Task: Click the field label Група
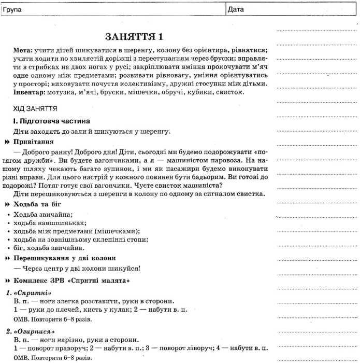coord(11,9)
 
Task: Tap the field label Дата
coord(236,9)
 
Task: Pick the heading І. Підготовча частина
coord(48,121)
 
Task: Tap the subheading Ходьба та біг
coord(37,204)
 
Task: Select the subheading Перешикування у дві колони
coord(65,258)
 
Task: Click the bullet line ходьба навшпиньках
coord(43,223)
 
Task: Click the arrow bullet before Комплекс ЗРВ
coord(7,281)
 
